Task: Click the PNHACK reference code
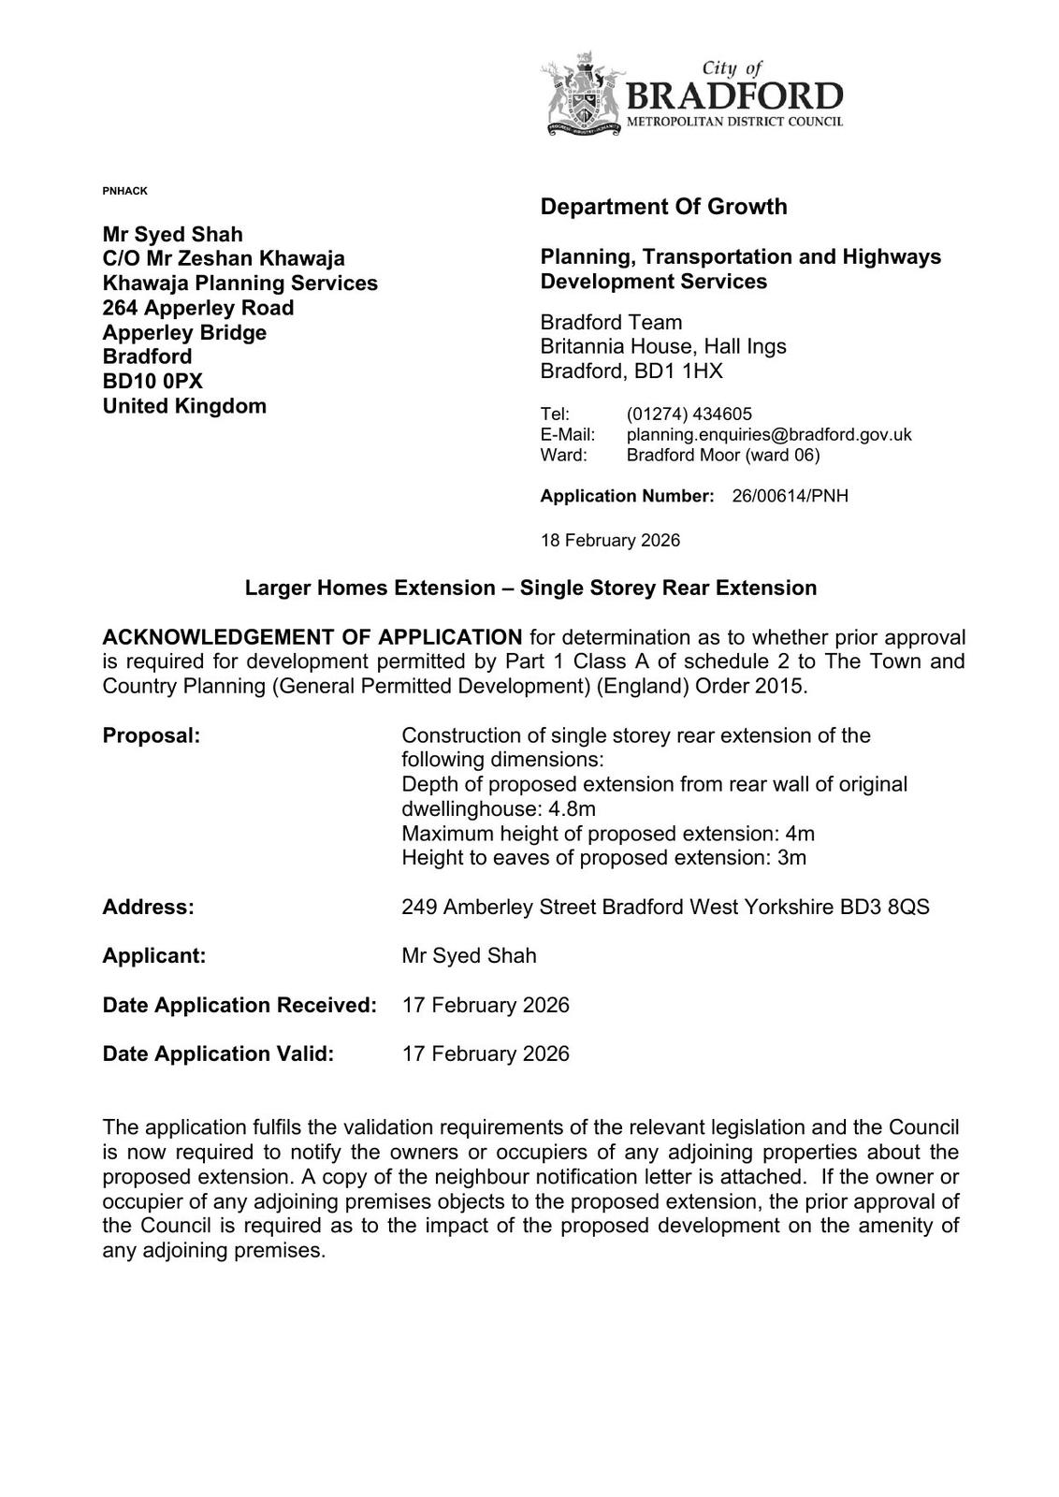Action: [x=124, y=191]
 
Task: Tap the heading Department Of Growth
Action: [x=663, y=207]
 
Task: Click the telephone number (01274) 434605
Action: [x=689, y=414]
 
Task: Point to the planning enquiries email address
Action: [x=768, y=434]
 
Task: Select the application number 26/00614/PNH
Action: [x=790, y=496]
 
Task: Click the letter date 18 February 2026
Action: [x=610, y=541]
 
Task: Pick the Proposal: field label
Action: [x=152, y=735]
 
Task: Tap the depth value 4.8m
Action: [x=574, y=808]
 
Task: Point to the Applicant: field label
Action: [x=154, y=955]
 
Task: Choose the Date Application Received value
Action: [x=485, y=1005]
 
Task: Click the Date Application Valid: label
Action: [x=218, y=1054]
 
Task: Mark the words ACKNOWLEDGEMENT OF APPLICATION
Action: [x=312, y=637]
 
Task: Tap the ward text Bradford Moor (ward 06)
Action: [x=722, y=455]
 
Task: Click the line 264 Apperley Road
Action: [x=198, y=308]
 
